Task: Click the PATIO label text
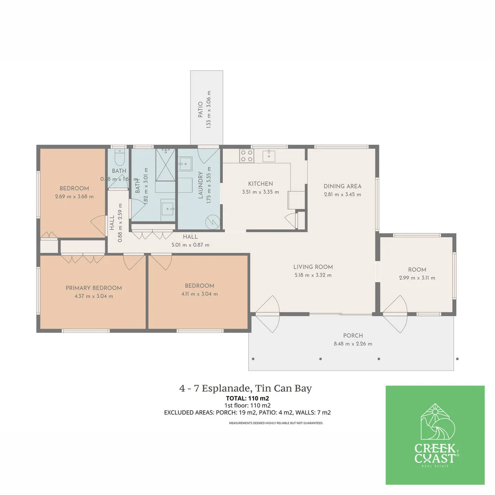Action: [200, 110]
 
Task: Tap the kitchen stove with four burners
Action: [246, 156]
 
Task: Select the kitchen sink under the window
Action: [269, 156]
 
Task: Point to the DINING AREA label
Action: [342, 186]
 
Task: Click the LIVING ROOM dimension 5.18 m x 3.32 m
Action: [313, 275]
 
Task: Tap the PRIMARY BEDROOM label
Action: [93, 288]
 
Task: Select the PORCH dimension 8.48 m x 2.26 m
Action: [352, 344]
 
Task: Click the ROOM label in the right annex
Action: [417, 269]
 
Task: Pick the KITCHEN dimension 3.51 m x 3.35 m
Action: [260, 192]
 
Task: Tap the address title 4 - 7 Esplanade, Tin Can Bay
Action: [245, 389]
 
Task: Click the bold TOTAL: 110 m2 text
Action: [247, 398]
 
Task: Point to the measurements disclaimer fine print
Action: [276, 423]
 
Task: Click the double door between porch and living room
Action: [267, 314]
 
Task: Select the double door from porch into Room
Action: [395, 314]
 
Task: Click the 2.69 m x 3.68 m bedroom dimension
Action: [74, 197]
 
